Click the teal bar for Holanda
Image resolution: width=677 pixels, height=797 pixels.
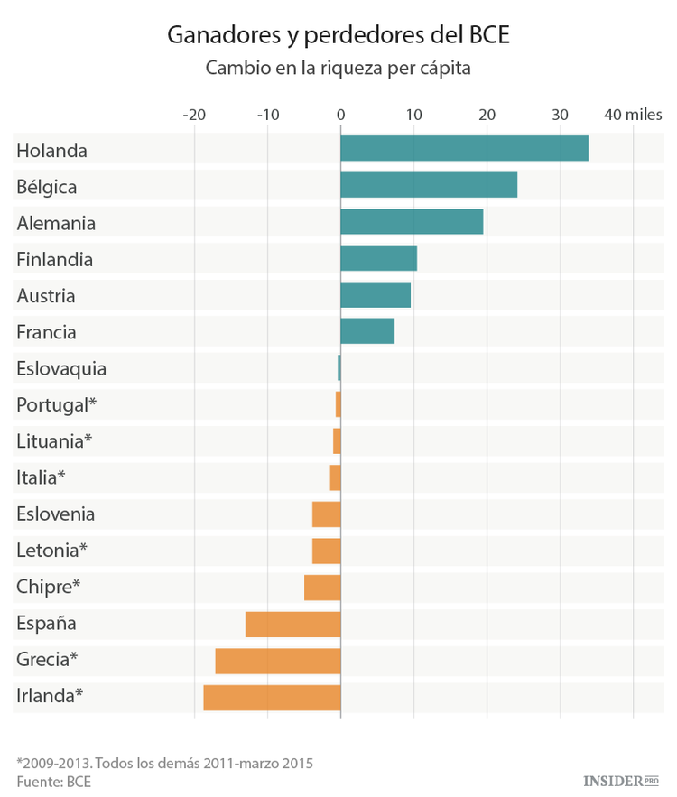click(464, 149)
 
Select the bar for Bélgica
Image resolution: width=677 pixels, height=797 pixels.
click(429, 185)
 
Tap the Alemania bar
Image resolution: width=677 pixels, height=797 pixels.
click(412, 222)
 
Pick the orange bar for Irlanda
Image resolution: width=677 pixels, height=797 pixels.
click(272, 697)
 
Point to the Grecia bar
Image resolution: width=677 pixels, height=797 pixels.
click(278, 661)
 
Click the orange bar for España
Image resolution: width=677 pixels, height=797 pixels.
click(292, 624)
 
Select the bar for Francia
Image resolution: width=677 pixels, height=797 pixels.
click(367, 331)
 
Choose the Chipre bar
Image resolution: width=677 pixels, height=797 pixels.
click(322, 588)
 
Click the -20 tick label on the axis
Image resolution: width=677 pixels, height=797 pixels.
click(193, 115)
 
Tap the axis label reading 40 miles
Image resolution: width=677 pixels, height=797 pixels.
click(633, 115)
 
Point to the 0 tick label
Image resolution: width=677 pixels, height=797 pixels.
click(340, 115)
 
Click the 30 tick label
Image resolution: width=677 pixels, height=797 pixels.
click(560, 115)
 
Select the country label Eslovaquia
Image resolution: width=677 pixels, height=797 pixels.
click(61, 368)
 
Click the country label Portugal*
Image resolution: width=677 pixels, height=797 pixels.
click(56, 405)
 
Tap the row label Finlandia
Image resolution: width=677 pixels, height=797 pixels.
click(54, 259)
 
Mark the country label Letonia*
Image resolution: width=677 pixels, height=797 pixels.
click(51, 551)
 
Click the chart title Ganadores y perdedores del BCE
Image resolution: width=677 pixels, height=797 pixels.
click(338, 36)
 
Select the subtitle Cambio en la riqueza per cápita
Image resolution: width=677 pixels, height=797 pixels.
click(338, 69)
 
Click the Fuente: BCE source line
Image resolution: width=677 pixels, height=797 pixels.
click(53, 782)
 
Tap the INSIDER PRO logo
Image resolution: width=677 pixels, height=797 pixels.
click(622, 779)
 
